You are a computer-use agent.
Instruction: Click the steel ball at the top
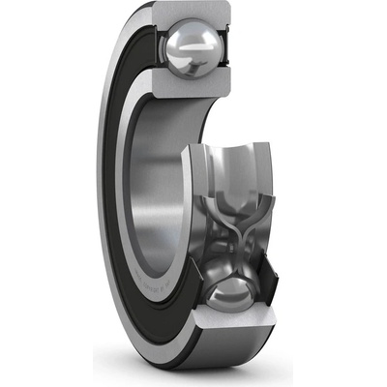click(x=193, y=48)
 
